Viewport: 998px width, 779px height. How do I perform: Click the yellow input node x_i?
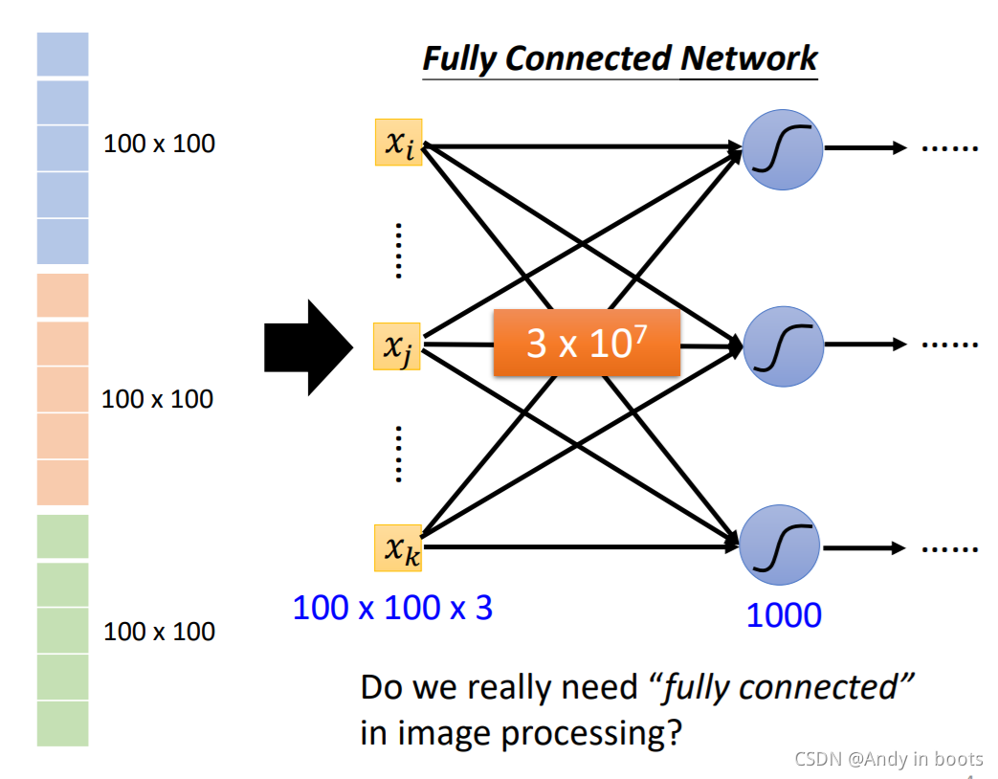[399, 142]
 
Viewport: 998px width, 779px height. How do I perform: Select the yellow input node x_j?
[397, 346]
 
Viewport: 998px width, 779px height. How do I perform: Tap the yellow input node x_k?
[398, 548]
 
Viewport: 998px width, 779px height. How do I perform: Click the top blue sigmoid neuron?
[783, 149]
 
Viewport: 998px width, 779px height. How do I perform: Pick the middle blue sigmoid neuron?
[783, 346]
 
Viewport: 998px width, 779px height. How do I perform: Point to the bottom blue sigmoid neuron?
[780, 545]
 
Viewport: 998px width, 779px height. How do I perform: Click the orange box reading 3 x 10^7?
[587, 343]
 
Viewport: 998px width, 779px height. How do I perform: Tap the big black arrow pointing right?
[309, 347]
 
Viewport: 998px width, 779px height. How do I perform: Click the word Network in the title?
[748, 58]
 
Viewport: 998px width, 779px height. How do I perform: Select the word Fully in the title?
[459, 60]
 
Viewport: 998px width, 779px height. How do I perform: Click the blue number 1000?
[784, 615]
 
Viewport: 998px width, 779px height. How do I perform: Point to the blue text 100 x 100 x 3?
[392, 608]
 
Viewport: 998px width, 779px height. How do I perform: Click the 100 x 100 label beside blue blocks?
[159, 144]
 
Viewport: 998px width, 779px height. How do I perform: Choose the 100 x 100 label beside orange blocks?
[157, 399]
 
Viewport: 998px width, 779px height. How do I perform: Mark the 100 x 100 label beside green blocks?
[159, 632]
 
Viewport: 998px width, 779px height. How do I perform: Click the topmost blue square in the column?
[62, 55]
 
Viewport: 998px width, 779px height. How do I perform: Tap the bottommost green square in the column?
[62, 723]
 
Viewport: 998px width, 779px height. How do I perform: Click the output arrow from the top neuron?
[866, 147]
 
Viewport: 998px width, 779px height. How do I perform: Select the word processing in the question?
[592, 734]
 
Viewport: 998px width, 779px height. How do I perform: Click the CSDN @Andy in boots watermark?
[889, 759]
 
